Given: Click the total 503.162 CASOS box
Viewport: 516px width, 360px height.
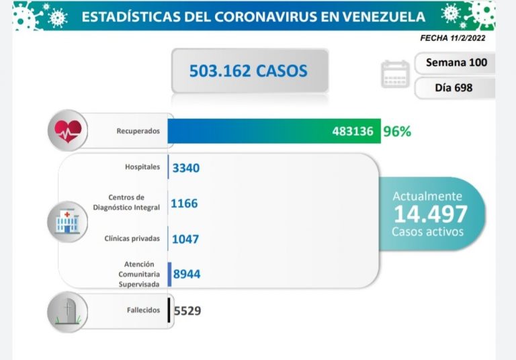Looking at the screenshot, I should point(249,70).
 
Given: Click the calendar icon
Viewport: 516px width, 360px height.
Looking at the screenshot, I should point(395,75).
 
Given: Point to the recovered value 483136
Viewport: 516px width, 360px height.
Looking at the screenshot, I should point(352,131).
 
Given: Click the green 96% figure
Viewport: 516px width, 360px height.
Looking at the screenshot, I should point(396,131).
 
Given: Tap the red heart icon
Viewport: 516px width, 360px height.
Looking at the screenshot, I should point(67,131).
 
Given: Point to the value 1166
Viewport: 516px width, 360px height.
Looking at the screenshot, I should point(185,202).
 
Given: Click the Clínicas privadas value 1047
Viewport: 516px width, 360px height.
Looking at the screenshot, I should point(185,238).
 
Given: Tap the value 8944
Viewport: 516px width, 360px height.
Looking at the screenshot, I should point(186,273).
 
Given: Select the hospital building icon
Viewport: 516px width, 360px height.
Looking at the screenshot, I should point(67,220).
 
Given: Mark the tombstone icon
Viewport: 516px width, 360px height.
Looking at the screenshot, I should point(67,310).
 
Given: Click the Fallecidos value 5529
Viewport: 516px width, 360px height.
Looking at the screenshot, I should point(187,310).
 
